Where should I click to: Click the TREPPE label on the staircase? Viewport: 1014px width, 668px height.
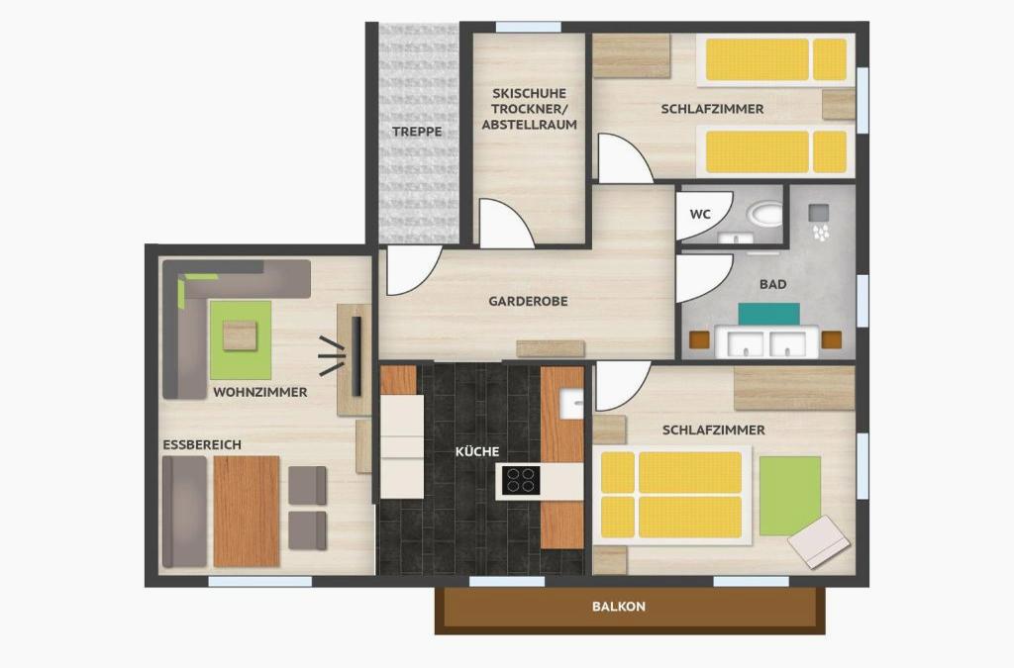[x=417, y=132]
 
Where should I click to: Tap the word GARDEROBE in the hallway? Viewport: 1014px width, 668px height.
[x=529, y=301]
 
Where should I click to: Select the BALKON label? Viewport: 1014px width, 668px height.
[x=619, y=607]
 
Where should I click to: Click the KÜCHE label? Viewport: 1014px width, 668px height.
[x=477, y=451]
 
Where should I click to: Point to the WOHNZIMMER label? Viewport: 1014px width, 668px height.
[x=260, y=392]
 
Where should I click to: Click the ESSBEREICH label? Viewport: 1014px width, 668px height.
[x=202, y=445]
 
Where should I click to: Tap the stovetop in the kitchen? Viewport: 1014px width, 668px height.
[x=521, y=480]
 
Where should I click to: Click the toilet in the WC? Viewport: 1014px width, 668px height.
[x=765, y=214]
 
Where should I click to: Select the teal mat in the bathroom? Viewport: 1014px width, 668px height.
[x=768, y=314]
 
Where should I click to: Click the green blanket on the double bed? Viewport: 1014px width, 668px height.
[x=790, y=496]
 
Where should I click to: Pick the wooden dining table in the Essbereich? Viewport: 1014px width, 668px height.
[x=247, y=511]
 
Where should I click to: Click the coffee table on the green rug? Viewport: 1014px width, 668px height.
[x=240, y=335]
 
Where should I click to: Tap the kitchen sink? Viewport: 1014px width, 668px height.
[x=570, y=404]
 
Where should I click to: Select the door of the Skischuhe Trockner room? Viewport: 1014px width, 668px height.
[x=506, y=224]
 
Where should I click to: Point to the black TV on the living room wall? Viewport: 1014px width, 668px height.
[x=356, y=356]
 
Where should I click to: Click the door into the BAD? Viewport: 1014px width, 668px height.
[x=704, y=278]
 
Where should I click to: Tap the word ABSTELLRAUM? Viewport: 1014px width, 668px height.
[x=530, y=125]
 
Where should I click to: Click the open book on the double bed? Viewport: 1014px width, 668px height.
[x=818, y=542]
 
